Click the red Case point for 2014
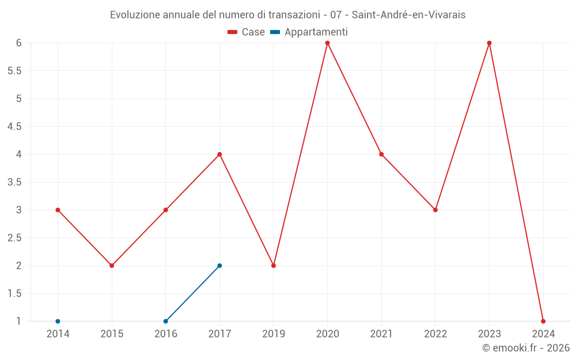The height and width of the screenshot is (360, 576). pos(58,210)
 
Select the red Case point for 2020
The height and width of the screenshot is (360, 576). pos(328,43)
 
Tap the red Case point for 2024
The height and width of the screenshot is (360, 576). pos(543,321)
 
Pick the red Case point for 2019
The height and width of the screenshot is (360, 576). pos(274,266)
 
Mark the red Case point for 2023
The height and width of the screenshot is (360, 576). pos(490,43)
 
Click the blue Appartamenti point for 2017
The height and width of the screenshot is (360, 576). pos(219,266)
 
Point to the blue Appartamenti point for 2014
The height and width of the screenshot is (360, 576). pos(58,321)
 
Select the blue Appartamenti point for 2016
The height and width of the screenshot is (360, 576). pos(165,321)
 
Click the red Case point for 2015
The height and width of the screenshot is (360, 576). pos(112,266)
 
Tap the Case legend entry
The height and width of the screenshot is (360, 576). pos(247,32)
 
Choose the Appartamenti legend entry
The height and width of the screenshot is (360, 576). pos(309,32)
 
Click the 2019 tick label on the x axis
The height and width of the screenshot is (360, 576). pos(274,334)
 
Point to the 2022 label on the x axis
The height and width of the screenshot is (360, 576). pos(435,334)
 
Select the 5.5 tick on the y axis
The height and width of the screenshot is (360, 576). pos(14,71)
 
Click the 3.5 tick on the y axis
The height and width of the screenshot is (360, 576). pos(14,182)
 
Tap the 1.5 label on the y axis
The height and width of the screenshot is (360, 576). pos(14,294)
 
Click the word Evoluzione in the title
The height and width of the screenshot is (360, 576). pos(135,15)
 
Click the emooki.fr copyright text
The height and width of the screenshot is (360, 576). pos(526,348)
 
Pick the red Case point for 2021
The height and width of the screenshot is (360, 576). pos(381,154)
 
